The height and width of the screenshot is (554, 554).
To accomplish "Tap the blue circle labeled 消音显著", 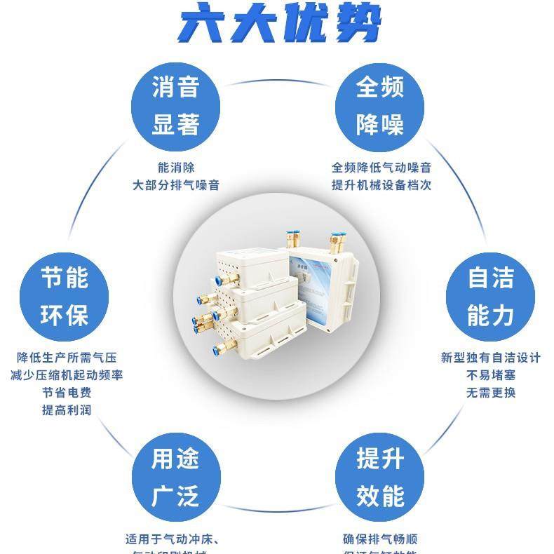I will (x=176, y=106).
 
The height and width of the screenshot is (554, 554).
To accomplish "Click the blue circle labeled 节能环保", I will (x=65, y=297).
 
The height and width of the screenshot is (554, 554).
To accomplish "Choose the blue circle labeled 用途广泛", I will (x=176, y=478).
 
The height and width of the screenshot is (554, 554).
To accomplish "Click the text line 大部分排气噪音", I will (x=176, y=186).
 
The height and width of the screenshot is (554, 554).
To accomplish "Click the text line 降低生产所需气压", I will (x=67, y=358).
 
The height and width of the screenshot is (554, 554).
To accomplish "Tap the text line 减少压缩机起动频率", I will (x=67, y=375).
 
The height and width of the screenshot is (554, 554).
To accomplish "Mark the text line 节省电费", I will (x=67, y=393).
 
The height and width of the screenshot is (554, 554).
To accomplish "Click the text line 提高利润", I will (x=67, y=410).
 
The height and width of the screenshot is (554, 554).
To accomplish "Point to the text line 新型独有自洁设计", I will (x=491, y=358).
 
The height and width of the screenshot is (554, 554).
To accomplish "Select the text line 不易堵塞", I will (x=491, y=375).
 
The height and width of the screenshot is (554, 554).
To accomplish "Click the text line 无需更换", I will (x=491, y=393).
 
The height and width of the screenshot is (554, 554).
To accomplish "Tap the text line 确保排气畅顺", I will (x=381, y=539).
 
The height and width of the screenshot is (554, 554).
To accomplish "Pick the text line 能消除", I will (x=176, y=168).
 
